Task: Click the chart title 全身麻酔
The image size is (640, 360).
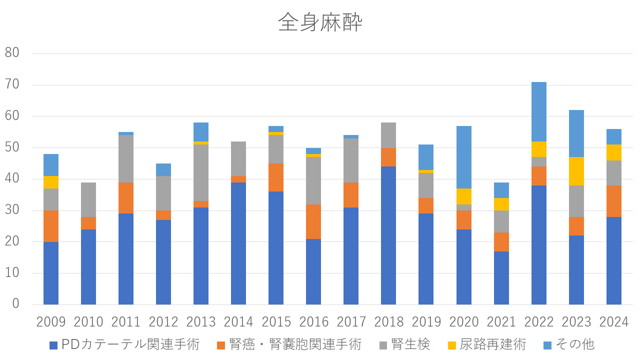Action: pos(320,23)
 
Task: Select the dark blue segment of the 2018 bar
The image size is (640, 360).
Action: pos(388,235)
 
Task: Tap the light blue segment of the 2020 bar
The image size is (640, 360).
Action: pos(464,157)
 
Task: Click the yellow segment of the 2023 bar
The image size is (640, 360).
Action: pos(576,171)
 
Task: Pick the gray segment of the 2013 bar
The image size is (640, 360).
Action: pos(201,172)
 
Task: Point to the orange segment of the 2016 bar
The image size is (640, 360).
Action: pos(313,221)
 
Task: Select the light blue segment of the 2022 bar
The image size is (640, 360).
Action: pos(539,111)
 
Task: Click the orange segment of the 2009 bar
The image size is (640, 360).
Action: pos(51,226)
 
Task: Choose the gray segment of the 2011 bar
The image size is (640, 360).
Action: pos(126,158)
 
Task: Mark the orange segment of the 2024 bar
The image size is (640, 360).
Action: pos(614,201)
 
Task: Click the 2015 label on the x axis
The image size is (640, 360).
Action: pos(276,321)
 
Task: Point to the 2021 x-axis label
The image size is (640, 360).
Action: pos(501,321)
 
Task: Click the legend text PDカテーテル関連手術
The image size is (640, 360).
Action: pos(130,344)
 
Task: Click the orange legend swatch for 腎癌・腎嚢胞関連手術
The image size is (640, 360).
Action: pos(221,345)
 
